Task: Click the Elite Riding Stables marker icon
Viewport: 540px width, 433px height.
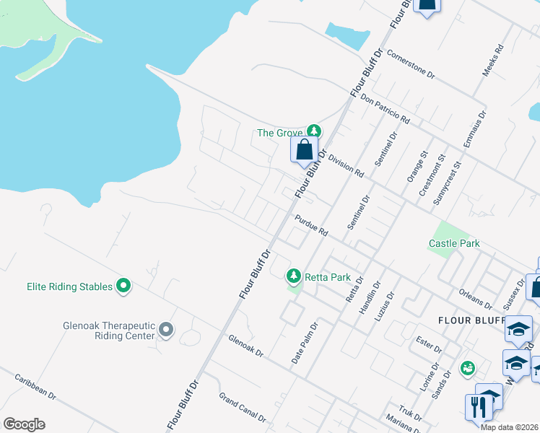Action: click(123, 287)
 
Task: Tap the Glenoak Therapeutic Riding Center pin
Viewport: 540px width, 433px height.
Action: click(166, 330)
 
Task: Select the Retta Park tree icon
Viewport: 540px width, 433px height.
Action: click(294, 276)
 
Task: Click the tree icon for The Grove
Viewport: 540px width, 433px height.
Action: click(313, 131)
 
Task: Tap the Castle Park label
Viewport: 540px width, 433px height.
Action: click(454, 243)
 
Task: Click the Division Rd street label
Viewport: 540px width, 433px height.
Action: click(346, 165)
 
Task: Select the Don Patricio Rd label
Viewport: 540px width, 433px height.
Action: click(386, 109)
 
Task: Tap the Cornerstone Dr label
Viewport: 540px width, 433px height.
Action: click(410, 64)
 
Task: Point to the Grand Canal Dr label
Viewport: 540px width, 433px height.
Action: click(243, 408)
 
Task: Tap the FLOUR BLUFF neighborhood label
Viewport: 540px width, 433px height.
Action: click(468, 320)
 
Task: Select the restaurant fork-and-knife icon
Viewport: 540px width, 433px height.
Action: click(477, 407)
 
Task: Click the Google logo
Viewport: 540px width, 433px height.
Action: click(24, 424)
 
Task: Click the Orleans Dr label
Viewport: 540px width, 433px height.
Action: click(475, 299)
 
